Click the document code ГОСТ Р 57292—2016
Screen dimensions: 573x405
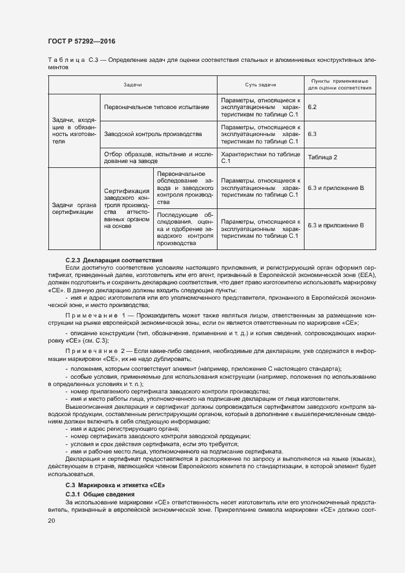[x=81, y=41]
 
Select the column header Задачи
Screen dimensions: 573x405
[x=132, y=85]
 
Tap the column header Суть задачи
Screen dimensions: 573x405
[x=260, y=85]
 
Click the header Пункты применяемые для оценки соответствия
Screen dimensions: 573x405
[x=339, y=85]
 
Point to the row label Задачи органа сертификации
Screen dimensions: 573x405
[x=73, y=208]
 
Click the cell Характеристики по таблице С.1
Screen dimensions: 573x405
[x=260, y=157]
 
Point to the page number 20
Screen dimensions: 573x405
[x=51, y=520]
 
